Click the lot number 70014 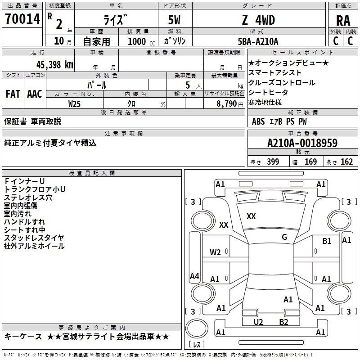pos(22,20)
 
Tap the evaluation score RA pos(343,21)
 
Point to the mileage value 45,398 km pos(50,64)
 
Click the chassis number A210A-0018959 pos(302,143)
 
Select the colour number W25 pos(75,103)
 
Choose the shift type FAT pos(13,94)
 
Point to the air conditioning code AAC pos(35,94)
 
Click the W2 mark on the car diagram pos(215,252)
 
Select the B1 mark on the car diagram pos(327,241)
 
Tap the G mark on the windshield pos(284,237)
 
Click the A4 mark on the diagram pos(194,276)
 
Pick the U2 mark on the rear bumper pos(258,322)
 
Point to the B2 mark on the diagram pos(283,322)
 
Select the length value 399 pos(272,162)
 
